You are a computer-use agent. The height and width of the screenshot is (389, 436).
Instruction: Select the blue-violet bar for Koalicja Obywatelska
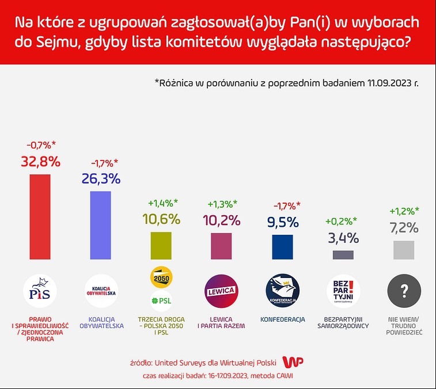[100, 225]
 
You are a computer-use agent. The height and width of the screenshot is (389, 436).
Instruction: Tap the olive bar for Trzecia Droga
[161, 245]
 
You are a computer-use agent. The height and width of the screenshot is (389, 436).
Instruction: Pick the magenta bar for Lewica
[221, 246]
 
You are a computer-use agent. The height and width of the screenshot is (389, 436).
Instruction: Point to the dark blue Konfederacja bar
[282, 247]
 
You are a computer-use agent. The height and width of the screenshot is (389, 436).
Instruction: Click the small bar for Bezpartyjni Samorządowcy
[343, 254]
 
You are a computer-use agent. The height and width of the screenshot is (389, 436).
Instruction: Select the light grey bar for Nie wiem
[404, 250]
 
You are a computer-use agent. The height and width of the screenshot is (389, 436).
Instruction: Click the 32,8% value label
[40, 162]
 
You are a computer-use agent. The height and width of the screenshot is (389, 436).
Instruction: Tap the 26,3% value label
[101, 178]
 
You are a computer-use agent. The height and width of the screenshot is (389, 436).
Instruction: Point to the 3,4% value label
[343, 237]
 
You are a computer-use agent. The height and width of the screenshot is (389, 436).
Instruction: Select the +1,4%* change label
[163, 203]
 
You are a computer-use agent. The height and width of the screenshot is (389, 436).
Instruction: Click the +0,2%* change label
[341, 221]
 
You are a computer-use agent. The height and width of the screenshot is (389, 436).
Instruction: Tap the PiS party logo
[40, 291]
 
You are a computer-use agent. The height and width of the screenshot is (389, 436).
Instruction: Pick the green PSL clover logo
[161, 300]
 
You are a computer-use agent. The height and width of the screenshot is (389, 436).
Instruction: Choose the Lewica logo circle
[222, 291]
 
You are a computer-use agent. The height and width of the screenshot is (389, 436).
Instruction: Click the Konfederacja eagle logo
[282, 291]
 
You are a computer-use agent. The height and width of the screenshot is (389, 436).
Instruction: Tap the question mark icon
[404, 291]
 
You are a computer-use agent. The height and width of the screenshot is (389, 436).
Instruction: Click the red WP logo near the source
[295, 362]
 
